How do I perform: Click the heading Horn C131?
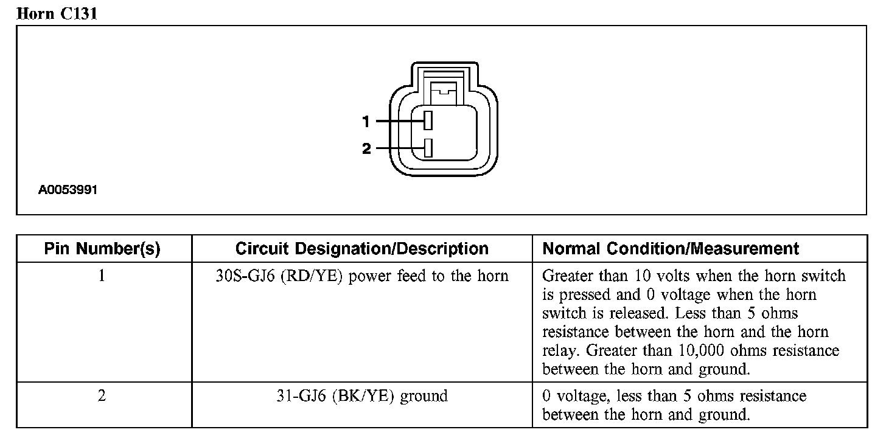[x=57, y=13]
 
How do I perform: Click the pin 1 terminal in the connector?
[x=428, y=120]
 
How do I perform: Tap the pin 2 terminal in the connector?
[x=428, y=148]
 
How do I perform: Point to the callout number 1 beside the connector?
[x=366, y=122]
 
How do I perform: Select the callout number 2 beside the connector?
[x=366, y=148]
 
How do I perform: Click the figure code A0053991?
[x=68, y=190]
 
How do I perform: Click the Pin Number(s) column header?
[x=102, y=249]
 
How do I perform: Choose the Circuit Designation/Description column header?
[x=361, y=249]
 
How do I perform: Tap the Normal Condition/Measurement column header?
[x=671, y=249]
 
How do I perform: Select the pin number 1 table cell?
[x=102, y=276]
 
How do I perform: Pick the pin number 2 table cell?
[x=102, y=396]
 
